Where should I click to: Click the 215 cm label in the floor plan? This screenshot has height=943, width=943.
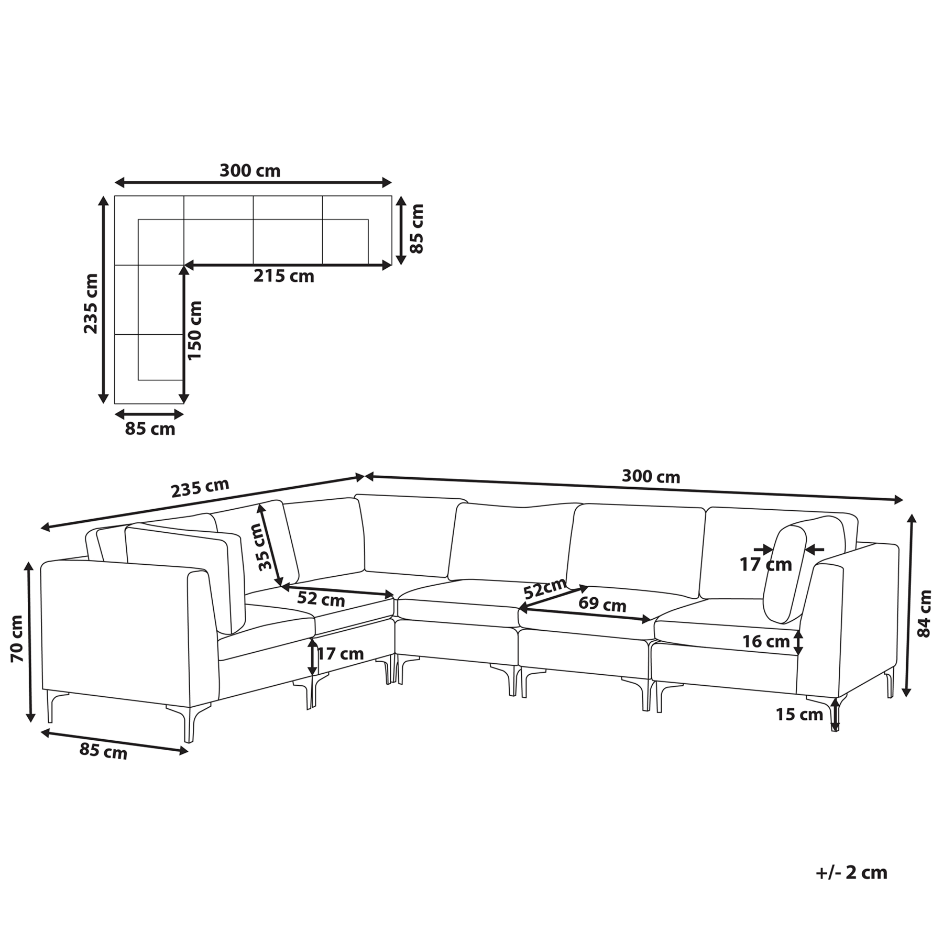click(x=284, y=276)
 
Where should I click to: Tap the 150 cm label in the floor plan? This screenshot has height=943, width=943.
click(x=194, y=330)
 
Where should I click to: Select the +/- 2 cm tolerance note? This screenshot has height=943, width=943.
click(x=851, y=873)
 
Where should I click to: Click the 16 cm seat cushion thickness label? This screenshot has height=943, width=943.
click(x=765, y=641)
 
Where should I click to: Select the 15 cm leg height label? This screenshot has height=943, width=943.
click(x=799, y=715)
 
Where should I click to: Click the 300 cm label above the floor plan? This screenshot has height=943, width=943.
click(x=250, y=171)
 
